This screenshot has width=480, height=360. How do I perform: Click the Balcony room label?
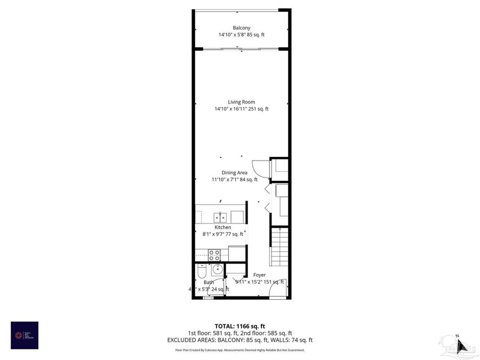tap(241, 28)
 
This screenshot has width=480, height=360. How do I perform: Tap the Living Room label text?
tap(241, 102)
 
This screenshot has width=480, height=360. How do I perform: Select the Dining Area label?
tap(234, 172)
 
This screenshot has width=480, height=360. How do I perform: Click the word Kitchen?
tap(222, 227)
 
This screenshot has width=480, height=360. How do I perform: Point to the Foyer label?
tap(259, 275)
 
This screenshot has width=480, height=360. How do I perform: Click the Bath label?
tap(208, 282)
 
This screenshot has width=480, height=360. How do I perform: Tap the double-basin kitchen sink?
tap(220, 217)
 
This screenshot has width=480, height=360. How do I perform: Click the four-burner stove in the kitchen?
tap(214, 254)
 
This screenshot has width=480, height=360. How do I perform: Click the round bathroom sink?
tap(217, 269)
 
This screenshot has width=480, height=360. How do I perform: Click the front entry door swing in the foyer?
tap(277, 289)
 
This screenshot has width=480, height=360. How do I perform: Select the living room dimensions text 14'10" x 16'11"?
tap(241, 109)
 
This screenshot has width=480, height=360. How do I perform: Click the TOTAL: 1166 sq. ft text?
tap(239, 325)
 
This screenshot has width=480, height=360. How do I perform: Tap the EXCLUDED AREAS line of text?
tap(239, 340)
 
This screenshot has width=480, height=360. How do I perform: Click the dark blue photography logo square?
tap(25, 335)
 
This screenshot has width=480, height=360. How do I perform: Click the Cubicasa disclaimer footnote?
tap(239, 350)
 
